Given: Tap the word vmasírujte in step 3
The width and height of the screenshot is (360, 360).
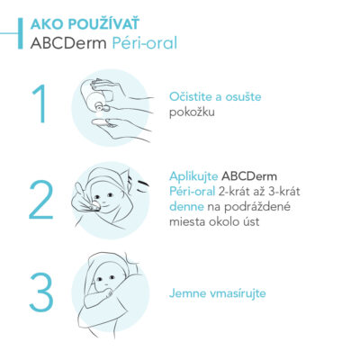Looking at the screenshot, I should click(x=238, y=292).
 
